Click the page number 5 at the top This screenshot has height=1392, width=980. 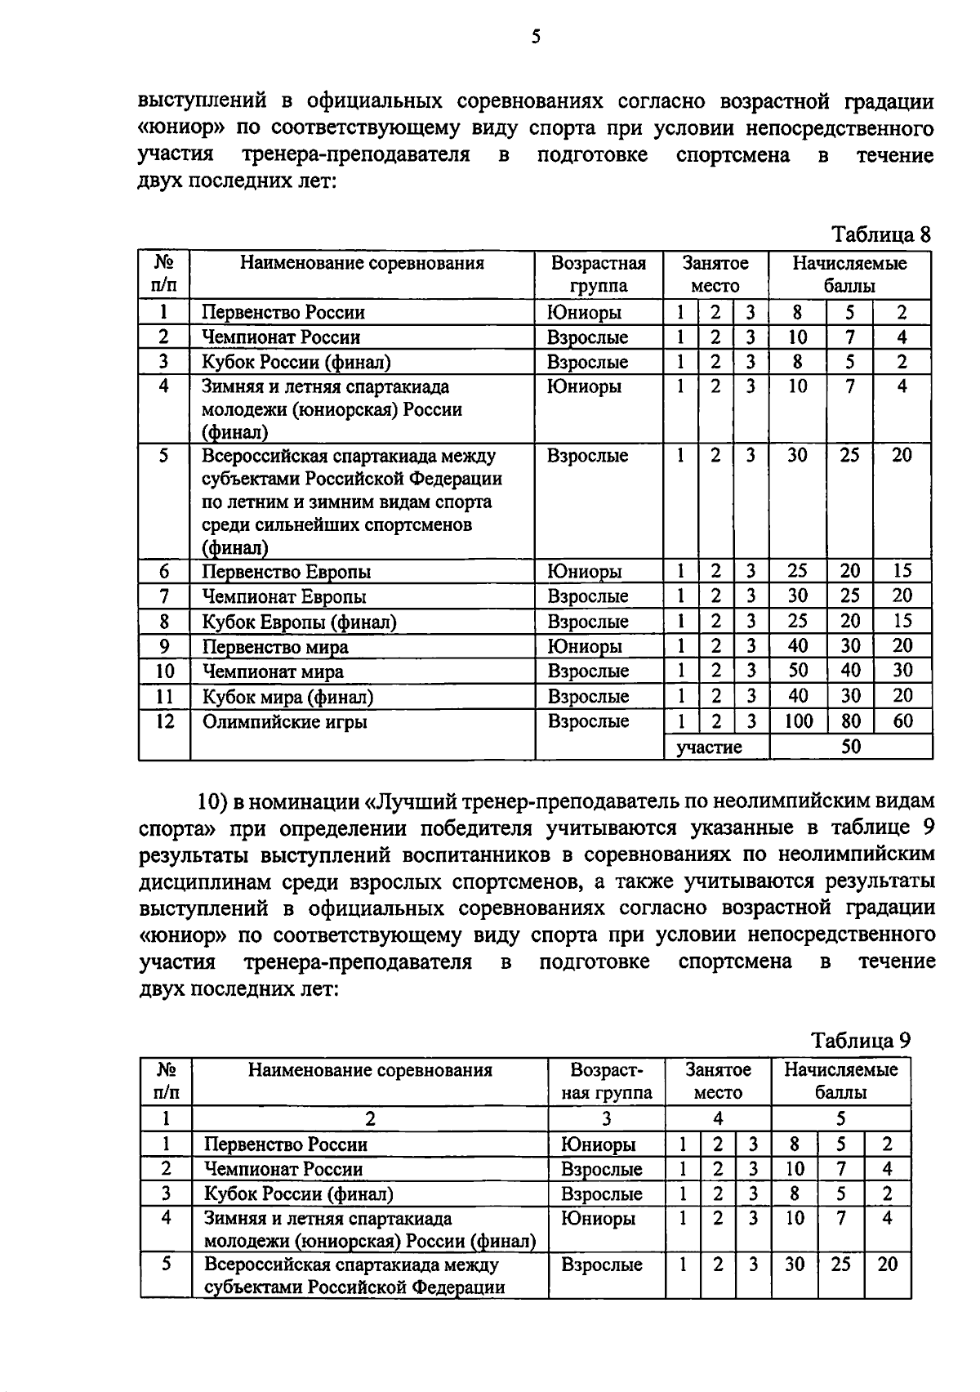click(536, 37)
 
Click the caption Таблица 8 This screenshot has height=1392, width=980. click(880, 235)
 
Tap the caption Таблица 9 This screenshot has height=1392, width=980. click(860, 1041)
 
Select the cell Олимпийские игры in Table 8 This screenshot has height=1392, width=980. click(284, 722)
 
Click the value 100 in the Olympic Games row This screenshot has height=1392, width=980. click(798, 721)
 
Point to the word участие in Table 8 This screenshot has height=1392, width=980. click(709, 747)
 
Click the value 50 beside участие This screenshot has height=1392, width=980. click(850, 747)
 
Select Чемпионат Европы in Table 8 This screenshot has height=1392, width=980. click(283, 596)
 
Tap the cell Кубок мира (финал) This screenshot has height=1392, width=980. click(287, 697)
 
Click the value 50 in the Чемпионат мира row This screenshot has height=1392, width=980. click(798, 671)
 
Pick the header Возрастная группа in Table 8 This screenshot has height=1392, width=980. click(599, 274)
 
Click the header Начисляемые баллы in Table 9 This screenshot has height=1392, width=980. click(840, 1081)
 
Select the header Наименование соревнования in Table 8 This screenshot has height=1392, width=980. click(362, 263)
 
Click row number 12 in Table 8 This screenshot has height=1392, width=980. click(164, 722)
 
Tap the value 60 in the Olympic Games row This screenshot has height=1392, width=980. click(902, 721)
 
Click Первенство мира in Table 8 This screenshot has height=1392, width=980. click(274, 647)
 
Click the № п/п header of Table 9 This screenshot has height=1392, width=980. click(166, 1081)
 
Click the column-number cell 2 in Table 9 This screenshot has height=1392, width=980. click(370, 1118)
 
